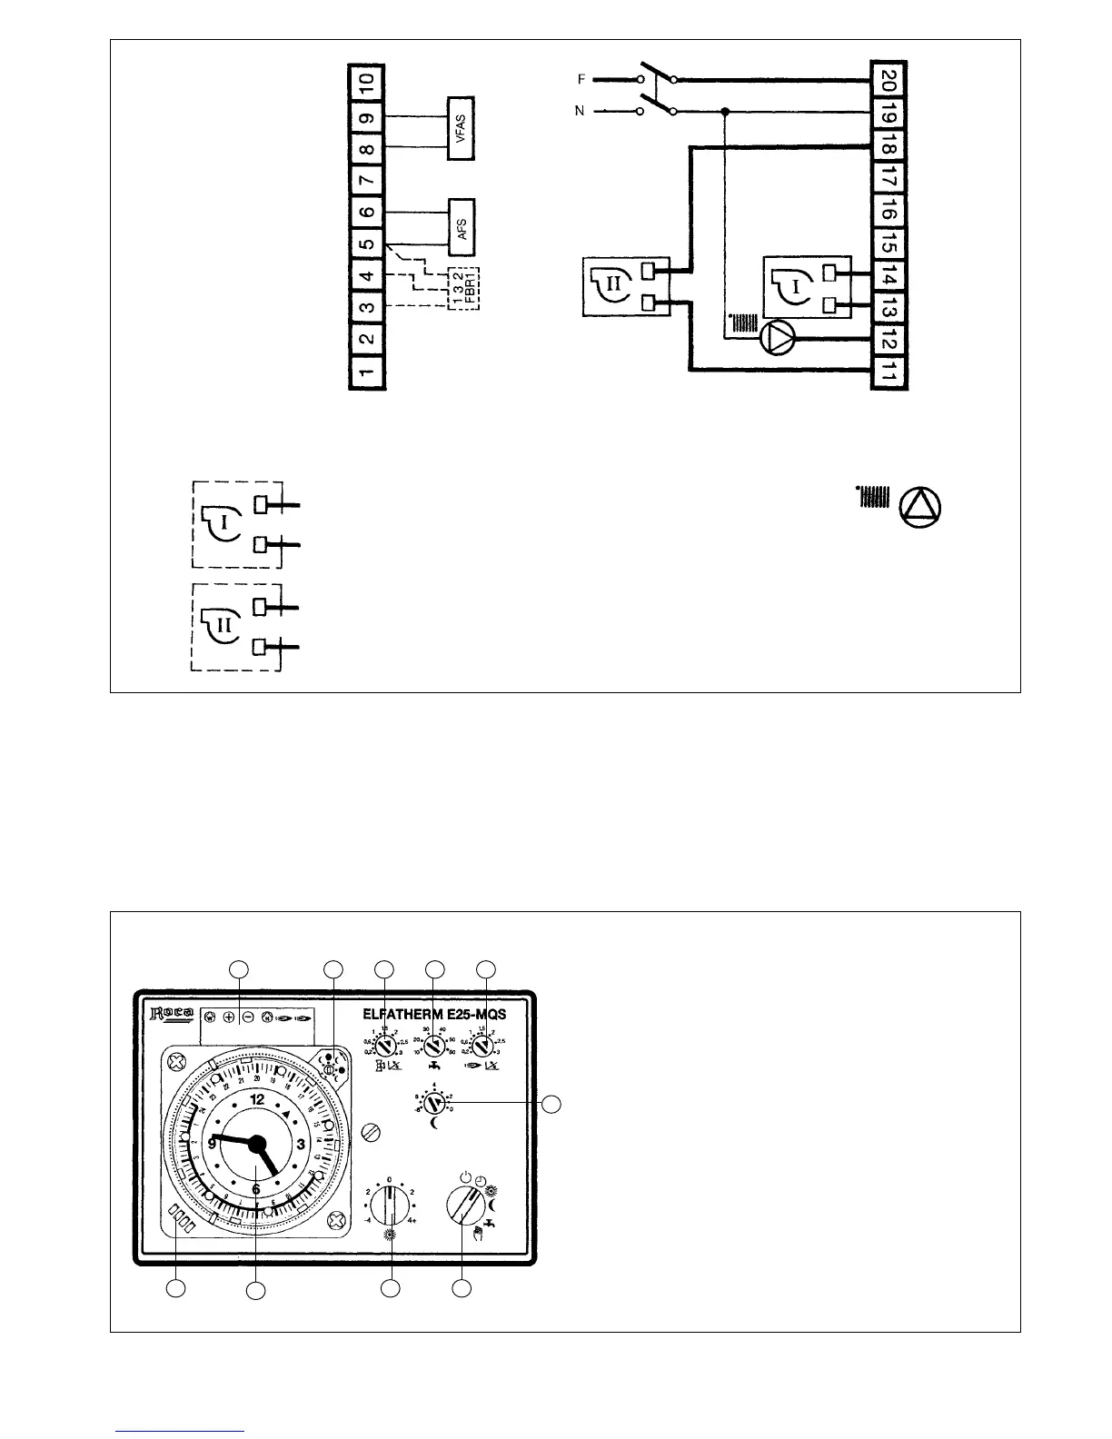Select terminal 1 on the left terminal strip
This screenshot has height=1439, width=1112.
tap(366, 372)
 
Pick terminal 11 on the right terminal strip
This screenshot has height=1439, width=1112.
tap(889, 372)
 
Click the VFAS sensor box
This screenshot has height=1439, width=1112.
tap(463, 128)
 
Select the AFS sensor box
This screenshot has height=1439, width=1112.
tap(463, 221)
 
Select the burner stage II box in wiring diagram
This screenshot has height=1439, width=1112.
tap(625, 286)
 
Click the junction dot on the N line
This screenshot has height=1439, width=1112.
tap(725, 112)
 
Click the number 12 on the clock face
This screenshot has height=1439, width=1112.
tap(257, 1099)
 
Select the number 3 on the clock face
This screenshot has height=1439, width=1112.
tap(301, 1145)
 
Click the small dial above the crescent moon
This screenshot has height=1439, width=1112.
tap(435, 1103)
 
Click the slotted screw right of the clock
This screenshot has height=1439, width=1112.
tap(369, 1133)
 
